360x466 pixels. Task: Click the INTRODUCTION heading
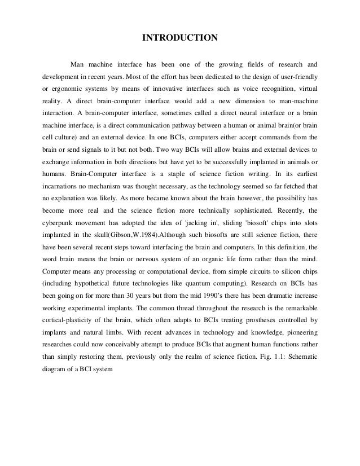point(179,38)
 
